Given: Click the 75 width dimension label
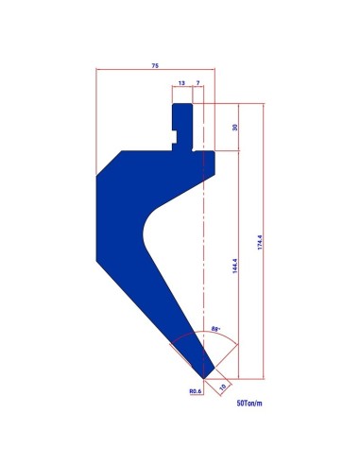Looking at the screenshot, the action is pos(155,65).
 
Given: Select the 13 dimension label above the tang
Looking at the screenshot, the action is pos(181,83).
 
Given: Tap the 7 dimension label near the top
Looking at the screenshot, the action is pos(197,83).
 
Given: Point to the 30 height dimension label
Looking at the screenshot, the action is pos(234,128).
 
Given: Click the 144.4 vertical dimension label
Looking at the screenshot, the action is pos(234,266).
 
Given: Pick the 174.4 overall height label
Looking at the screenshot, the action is pos(260,242).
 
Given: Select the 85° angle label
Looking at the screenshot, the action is pos(215,329).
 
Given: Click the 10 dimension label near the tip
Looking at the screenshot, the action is pos(223,387).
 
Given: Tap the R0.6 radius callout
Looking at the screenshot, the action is pos(195,391).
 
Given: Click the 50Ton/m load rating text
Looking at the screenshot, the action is pos(249,403).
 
